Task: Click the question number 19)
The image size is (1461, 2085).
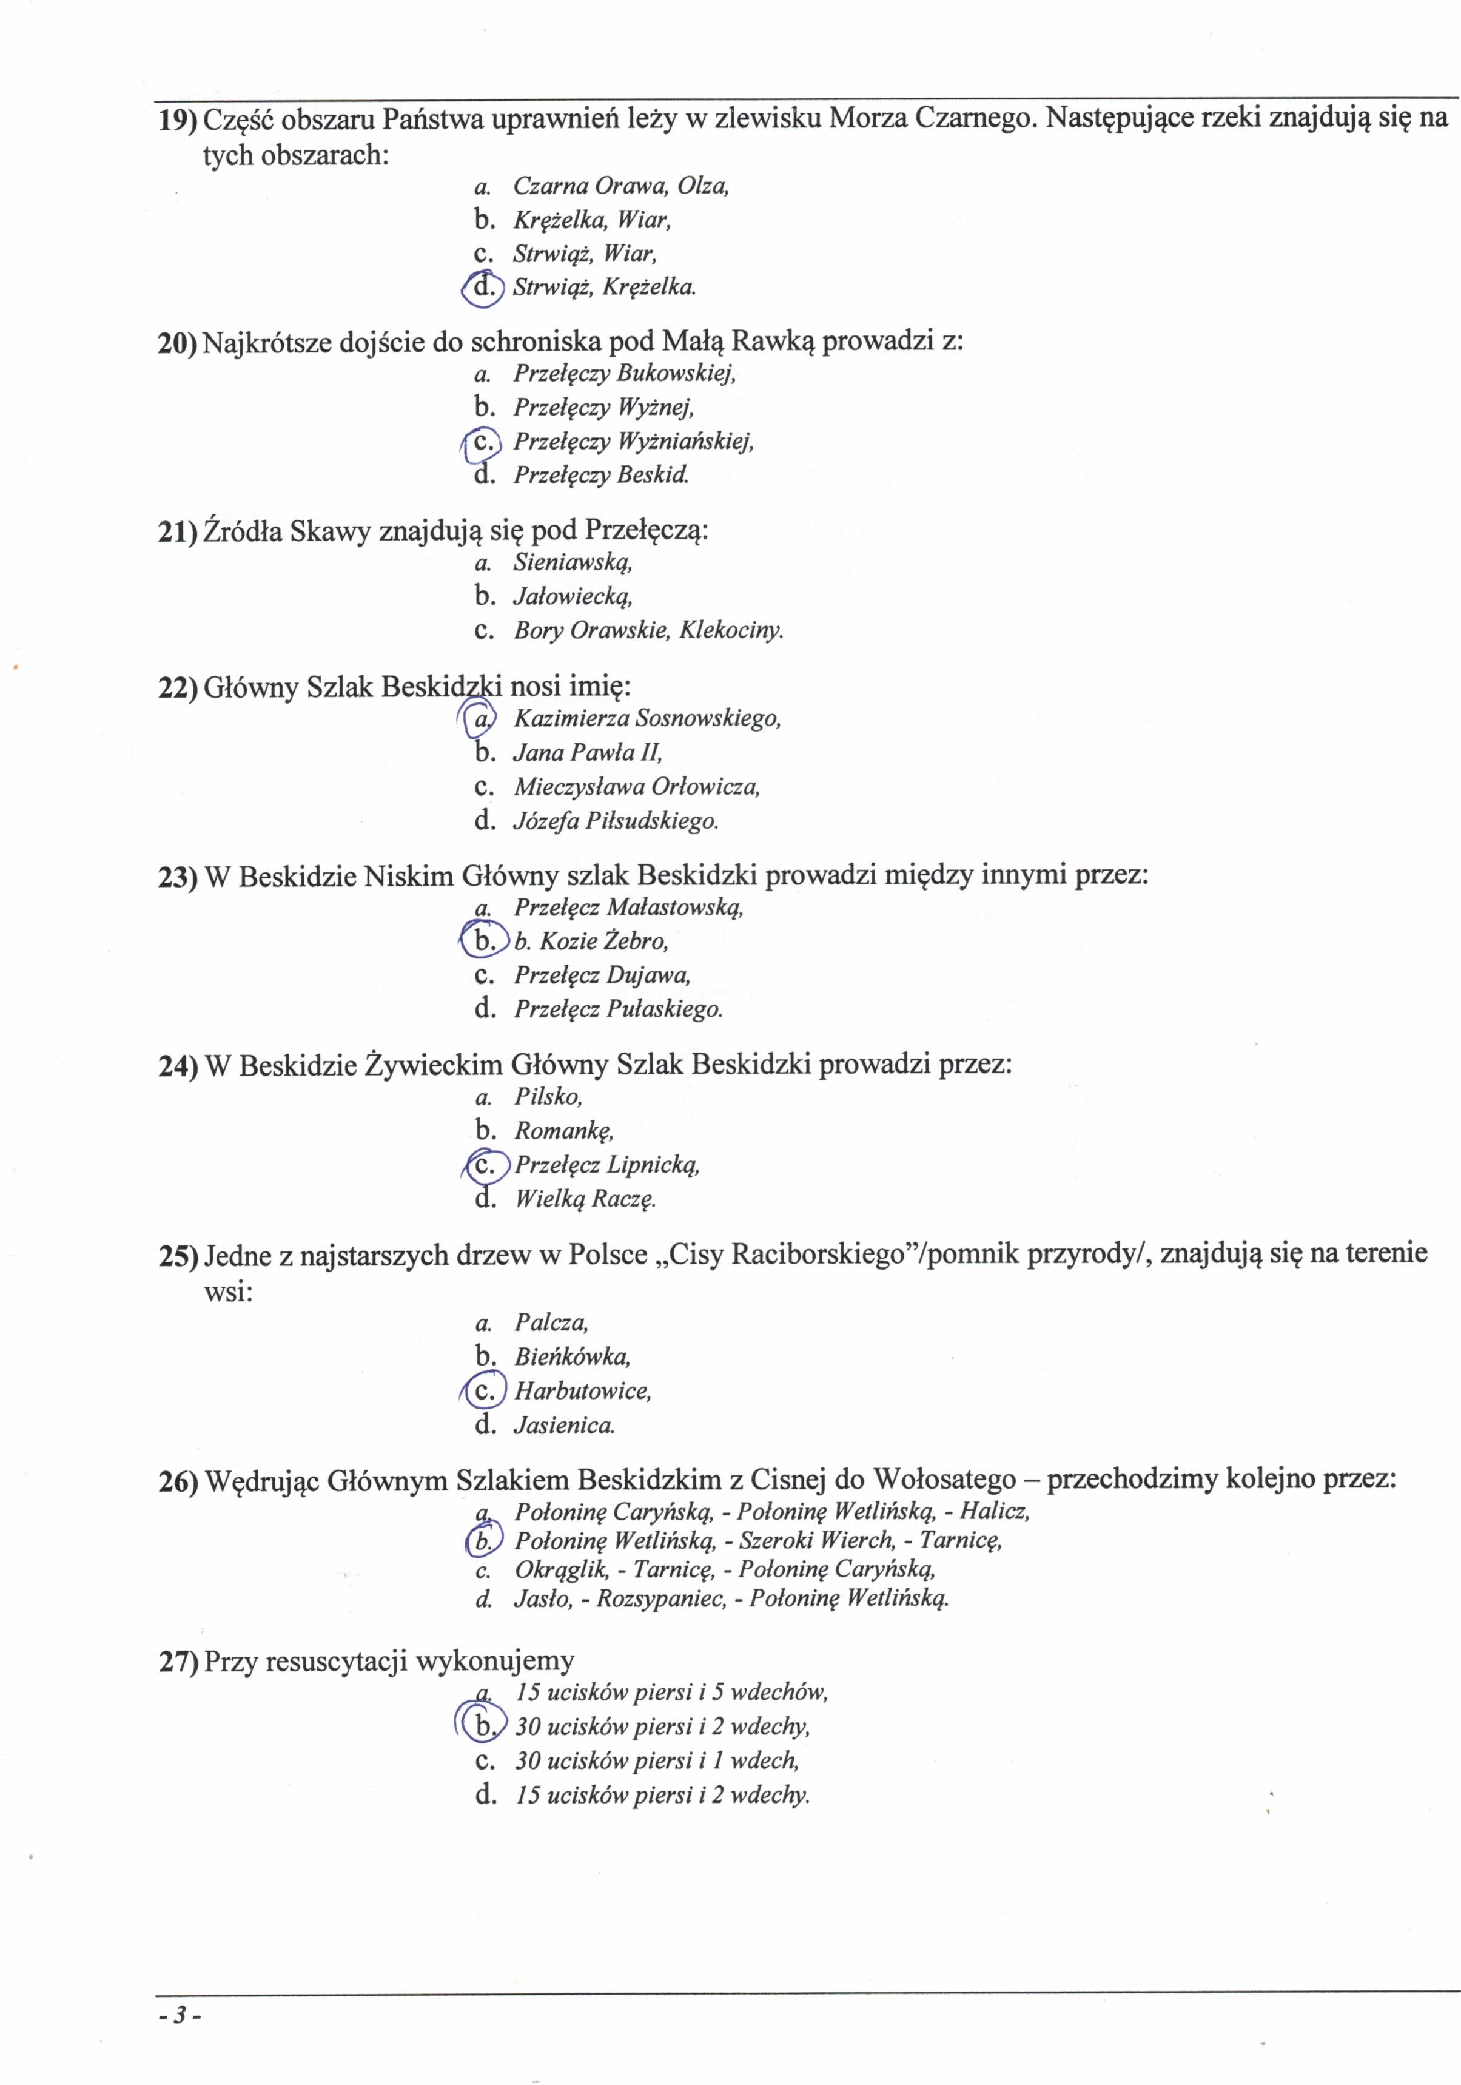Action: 177,119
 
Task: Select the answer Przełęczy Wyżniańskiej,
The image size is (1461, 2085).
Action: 633,442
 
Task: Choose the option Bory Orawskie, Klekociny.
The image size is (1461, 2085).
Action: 648,630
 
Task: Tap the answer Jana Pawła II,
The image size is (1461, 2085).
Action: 588,753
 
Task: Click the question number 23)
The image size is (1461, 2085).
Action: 177,877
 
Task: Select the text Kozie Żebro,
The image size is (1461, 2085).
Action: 603,941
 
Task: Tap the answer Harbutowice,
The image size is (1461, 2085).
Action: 582,1390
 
